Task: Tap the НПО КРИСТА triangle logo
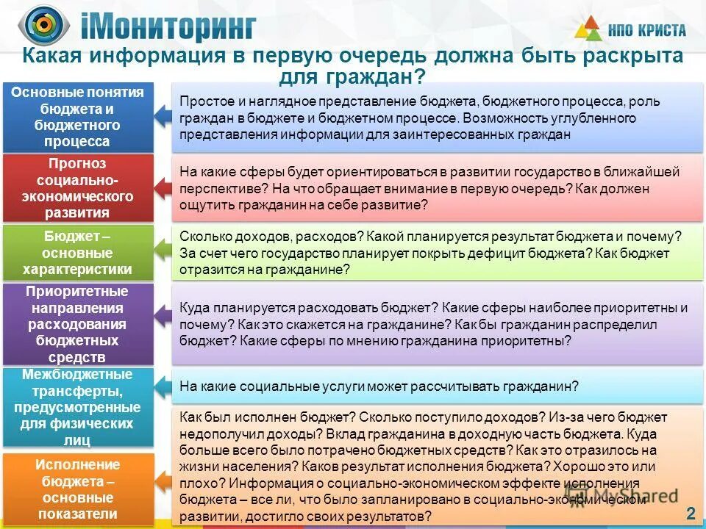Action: point(588,29)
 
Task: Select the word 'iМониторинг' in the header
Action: point(168,28)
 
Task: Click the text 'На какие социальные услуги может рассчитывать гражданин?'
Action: point(379,386)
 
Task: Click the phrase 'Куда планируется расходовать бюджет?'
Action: point(310,308)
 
